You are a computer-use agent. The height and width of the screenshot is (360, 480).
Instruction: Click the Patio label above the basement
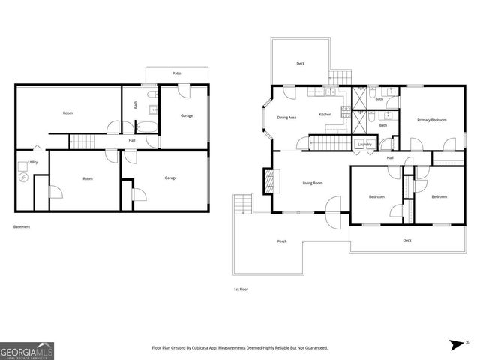point(176,73)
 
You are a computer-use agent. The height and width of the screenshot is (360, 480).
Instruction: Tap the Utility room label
point(33,162)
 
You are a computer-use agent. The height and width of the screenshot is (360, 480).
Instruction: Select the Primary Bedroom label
point(432,120)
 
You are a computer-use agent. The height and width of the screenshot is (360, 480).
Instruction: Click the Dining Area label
point(287,117)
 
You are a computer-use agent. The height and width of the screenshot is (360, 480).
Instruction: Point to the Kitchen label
point(325,115)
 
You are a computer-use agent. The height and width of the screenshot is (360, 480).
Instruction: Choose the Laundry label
point(365,144)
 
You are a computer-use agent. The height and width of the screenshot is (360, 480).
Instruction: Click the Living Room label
point(313,183)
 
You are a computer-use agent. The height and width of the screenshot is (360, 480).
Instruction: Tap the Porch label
point(282,241)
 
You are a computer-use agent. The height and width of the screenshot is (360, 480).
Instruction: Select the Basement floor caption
point(22,227)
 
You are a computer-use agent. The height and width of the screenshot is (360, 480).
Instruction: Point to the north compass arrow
point(457,345)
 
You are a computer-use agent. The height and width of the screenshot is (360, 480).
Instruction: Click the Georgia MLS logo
point(27,350)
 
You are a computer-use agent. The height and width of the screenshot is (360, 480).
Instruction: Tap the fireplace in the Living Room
point(268,181)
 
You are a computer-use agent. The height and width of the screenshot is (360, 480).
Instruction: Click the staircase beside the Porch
point(242,204)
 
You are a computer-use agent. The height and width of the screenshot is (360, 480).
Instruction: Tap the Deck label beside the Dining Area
point(300,64)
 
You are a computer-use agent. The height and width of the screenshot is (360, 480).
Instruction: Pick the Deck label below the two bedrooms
point(407,240)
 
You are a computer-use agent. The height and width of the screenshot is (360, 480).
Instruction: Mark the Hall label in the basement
point(132,140)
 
